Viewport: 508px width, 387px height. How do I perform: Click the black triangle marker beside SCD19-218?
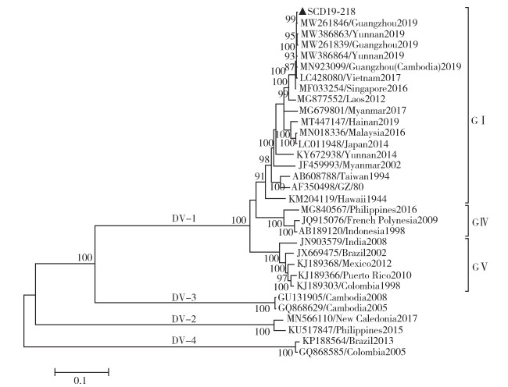coord(301,12)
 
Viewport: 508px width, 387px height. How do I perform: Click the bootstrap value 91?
coord(259,176)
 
